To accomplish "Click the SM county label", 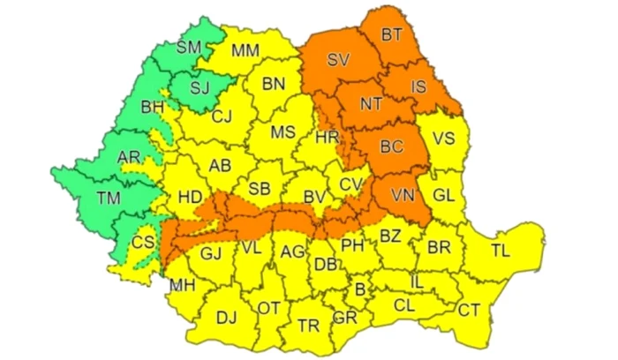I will click(x=188, y=48).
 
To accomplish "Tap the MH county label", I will click(x=182, y=285).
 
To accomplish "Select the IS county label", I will click(x=418, y=86).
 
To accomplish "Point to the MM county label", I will click(x=245, y=50).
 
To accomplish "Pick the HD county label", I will click(x=189, y=196).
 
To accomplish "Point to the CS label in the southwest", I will click(x=142, y=242).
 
